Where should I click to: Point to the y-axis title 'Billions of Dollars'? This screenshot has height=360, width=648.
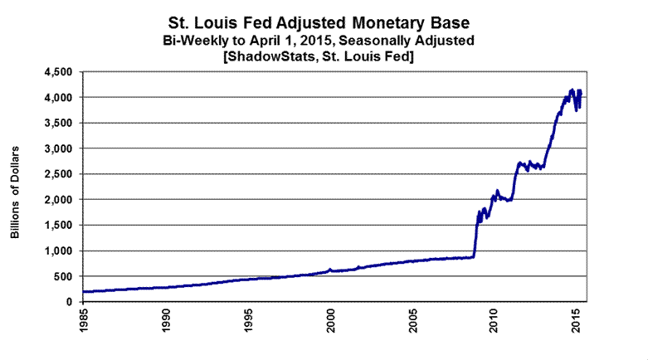pos(15,192)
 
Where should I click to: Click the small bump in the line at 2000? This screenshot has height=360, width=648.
pos(330,269)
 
